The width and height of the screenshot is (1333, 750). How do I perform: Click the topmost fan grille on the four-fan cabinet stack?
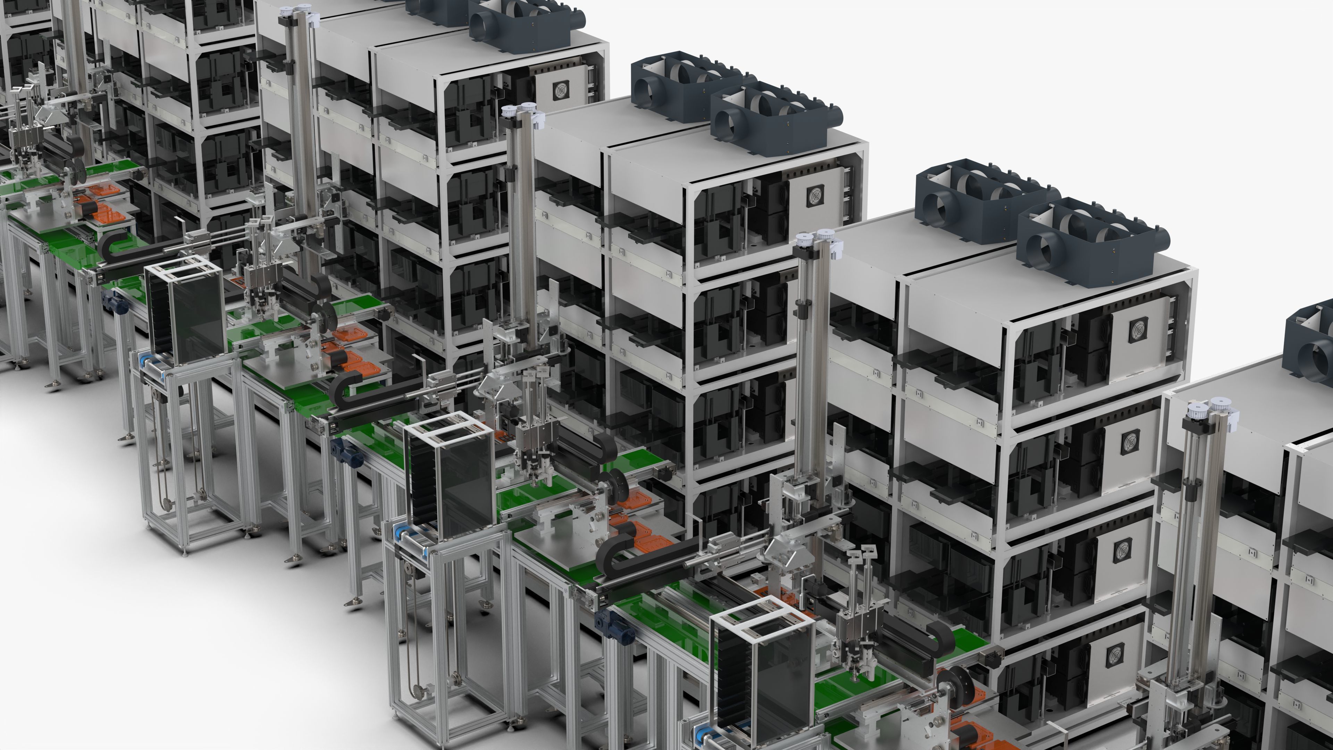click(1139, 330)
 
